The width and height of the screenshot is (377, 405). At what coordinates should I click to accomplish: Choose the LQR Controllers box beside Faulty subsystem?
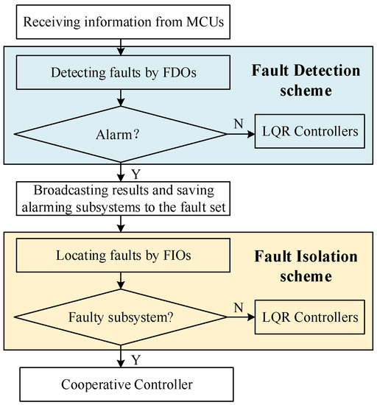click(309, 319)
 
